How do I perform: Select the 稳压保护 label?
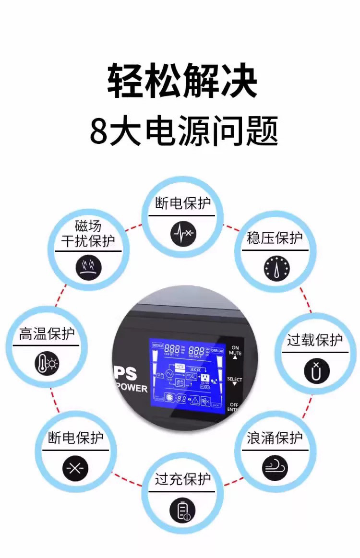point(275,238)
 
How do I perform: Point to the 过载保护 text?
point(315,340)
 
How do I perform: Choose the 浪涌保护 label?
point(275,438)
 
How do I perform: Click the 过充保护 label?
point(182,479)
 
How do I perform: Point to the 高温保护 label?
point(47,334)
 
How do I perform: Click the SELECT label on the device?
point(235,380)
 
